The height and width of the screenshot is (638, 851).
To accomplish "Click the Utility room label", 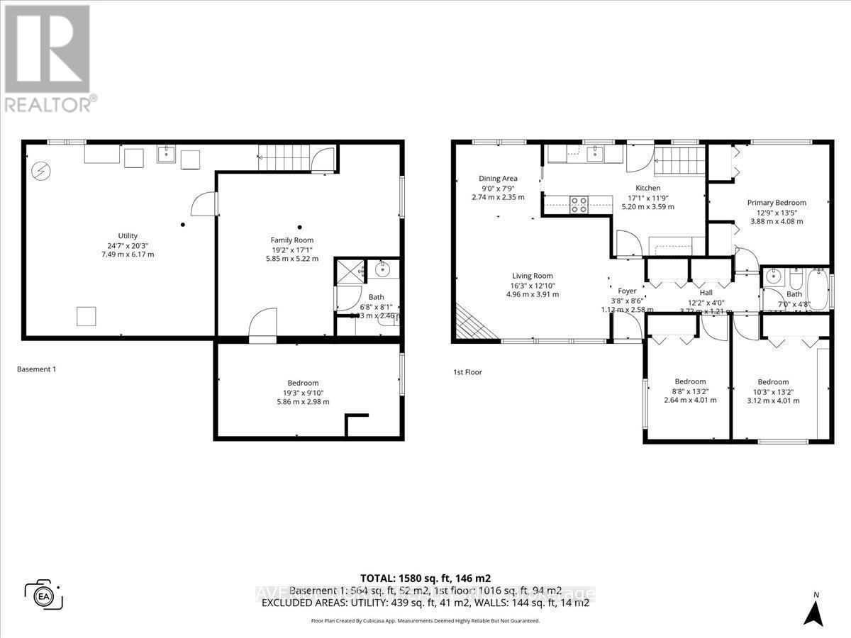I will pyautogui.click(x=128, y=236).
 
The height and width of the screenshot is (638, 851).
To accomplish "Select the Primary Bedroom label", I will pyautogui.click(x=777, y=203).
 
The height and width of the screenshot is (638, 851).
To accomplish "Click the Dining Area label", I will pyautogui.click(x=498, y=179).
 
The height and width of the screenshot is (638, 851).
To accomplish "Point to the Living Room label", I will pyautogui.click(x=533, y=276).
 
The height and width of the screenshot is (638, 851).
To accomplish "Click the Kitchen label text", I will pyautogui.click(x=648, y=188).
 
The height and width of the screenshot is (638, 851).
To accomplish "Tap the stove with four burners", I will pyautogui.click(x=579, y=204).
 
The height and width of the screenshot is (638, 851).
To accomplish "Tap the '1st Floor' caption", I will pyautogui.click(x=467, y=371).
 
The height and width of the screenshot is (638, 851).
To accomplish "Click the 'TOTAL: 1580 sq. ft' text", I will pyautogui.click(x=425, y=578).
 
